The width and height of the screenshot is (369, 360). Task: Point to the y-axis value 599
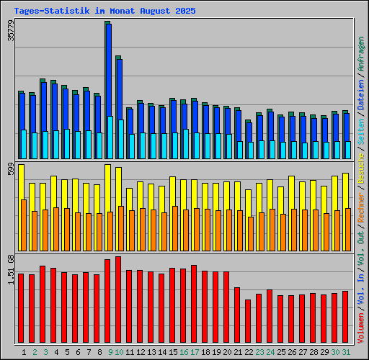click(11, 169)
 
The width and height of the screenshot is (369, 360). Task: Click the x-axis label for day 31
click(346, 352)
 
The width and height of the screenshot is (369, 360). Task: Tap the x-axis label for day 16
click(184, 352)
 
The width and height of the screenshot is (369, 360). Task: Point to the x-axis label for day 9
click(110, 352)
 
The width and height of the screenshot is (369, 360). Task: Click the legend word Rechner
click(361, 209)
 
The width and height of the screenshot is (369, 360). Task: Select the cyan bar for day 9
click(110, 137)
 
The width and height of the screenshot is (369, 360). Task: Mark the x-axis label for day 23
click(259, 352)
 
